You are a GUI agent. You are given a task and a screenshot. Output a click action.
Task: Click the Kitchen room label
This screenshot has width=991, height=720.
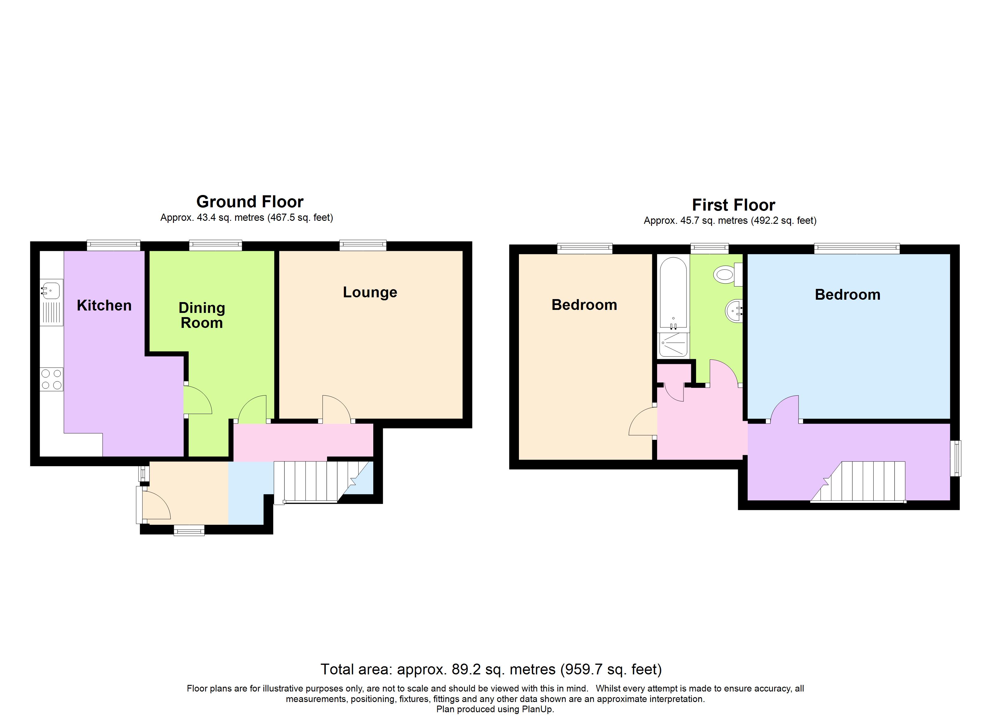click(104, 305)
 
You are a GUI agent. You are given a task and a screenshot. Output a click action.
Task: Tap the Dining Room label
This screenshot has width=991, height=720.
click(202, 315)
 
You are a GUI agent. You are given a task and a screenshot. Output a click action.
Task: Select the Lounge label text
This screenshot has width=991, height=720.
click(370, 292)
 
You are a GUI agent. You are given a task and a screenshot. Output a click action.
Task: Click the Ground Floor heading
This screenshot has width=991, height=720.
click(250, 202)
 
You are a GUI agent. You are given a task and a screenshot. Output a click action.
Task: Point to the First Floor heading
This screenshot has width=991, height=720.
click(734, 205)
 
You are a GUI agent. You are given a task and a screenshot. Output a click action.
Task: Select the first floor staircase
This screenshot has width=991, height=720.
click(858, 481)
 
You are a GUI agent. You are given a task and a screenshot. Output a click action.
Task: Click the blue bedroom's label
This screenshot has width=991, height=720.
click(848, 295)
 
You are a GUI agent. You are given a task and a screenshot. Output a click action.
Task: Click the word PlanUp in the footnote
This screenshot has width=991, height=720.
click(538, 709)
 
